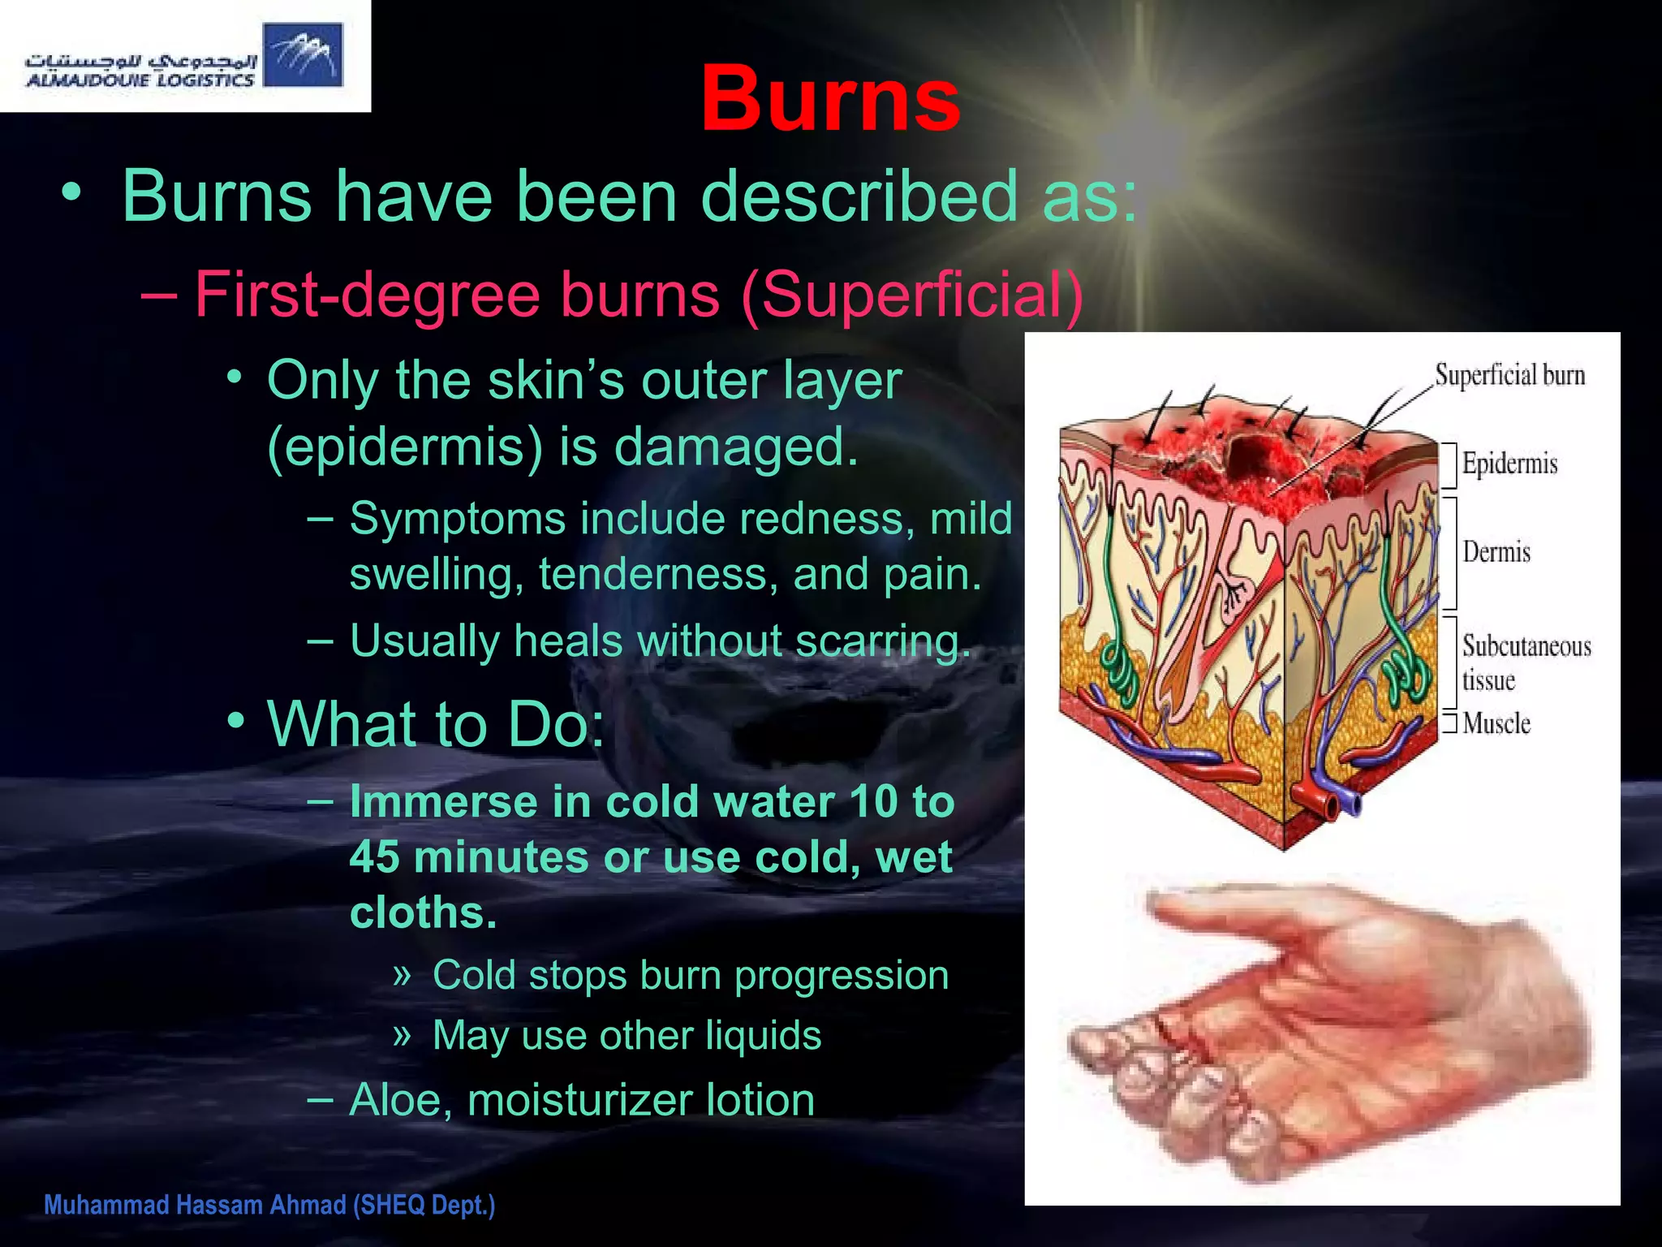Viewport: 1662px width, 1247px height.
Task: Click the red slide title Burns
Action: (x=829, y=100)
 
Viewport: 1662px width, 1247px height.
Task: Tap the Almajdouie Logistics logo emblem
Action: (x=303, y=54)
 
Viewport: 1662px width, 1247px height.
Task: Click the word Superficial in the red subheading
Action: (x=911, y=294)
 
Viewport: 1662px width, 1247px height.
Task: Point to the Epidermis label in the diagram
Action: (x=1509, y=464)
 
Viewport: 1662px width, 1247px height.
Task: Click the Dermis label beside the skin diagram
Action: (x=1496, y=552)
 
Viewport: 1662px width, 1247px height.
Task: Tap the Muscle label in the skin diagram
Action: (x=1496, y=723)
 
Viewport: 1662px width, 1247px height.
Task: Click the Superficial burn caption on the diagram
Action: (x=1509, y=375)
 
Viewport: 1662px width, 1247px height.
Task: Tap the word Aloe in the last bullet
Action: (x=394, y=1101)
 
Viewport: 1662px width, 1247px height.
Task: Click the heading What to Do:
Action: (x=436, y=724)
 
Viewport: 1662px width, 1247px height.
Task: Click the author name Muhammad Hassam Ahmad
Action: (x=195, y=1205)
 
